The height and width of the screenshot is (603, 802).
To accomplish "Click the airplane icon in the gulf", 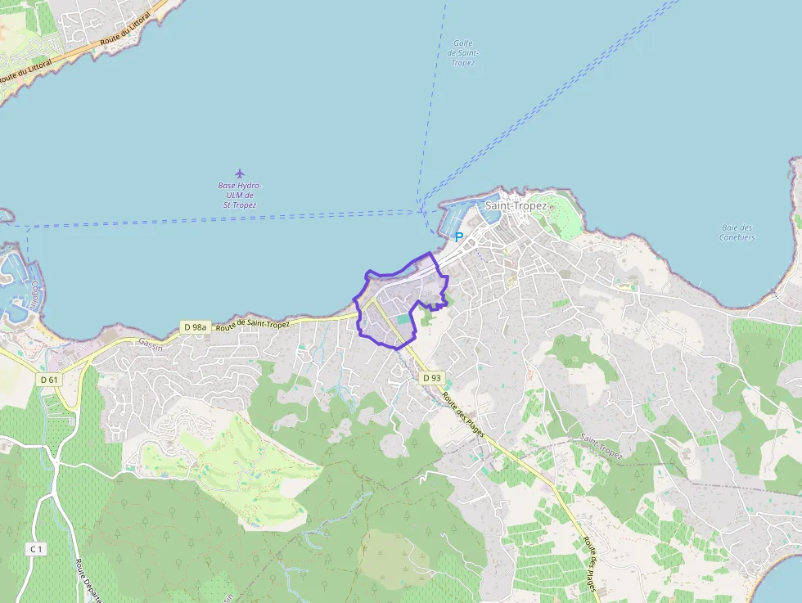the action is point(240,173).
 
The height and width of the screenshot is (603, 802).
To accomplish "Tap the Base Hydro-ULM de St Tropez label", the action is point(240,196).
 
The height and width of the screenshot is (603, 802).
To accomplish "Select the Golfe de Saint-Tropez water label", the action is point(462,52).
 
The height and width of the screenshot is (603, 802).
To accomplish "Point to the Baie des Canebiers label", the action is point(737,232).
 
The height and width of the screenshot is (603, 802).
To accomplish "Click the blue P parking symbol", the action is point(458,237).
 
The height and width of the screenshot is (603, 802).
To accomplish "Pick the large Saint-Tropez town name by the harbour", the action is point(516,205).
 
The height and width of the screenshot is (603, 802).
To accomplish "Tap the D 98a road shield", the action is point(195,327).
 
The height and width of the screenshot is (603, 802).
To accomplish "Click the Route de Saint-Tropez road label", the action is point(253,325).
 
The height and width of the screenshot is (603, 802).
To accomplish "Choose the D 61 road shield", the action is point(49,380).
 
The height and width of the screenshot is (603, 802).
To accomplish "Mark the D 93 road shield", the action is point(431,378).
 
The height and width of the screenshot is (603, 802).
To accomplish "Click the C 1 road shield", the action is point(35,549).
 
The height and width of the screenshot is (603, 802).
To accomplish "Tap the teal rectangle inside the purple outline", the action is point(403,317).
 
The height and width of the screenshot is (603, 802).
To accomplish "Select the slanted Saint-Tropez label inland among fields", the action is point(601,447).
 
